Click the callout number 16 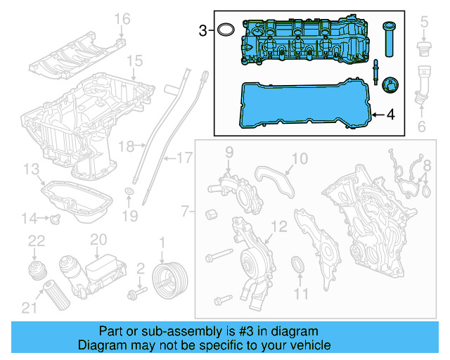click(122, 19)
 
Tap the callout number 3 click(202, 30)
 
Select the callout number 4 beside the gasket click(391, 114)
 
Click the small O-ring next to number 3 click(225, 30)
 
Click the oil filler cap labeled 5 click(423, 50)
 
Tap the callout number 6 click(423, 127)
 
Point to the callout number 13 click(30, 169)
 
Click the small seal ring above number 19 click(129, 192)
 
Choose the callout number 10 click(299, 159)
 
